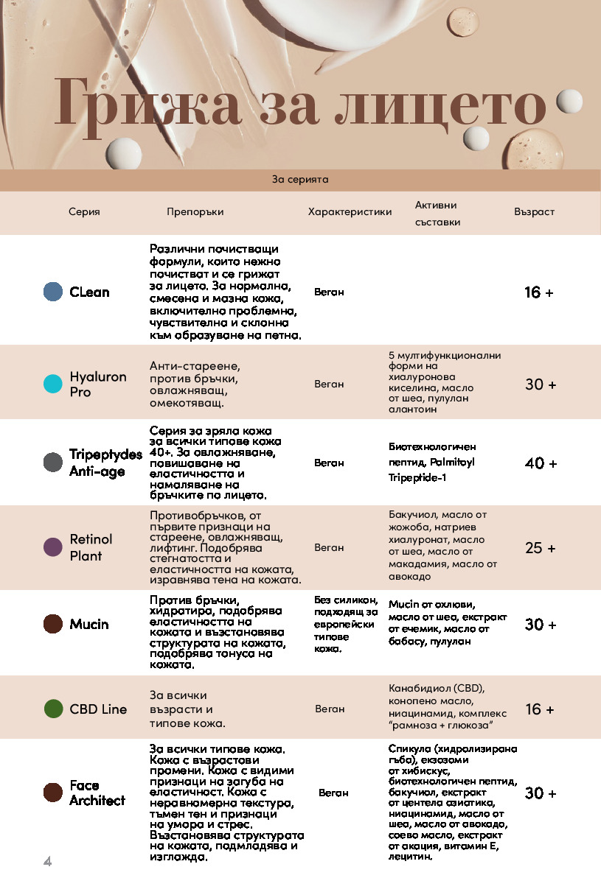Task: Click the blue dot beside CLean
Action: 53,292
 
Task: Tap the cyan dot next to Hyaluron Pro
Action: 53,384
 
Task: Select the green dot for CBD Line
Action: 53,709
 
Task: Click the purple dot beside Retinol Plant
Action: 53,547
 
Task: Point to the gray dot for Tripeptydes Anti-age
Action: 53,463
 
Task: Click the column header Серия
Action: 84,212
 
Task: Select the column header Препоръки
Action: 195,212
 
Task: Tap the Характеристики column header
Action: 350,212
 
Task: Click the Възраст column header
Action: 534,212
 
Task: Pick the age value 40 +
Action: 541,463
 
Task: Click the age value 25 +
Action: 541,548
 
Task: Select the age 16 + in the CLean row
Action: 539,292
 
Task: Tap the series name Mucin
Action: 89,625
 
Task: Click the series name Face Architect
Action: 97,793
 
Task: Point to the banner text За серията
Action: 300,179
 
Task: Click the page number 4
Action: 47,862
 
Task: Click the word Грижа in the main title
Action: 147,104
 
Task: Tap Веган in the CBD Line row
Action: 330,709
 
